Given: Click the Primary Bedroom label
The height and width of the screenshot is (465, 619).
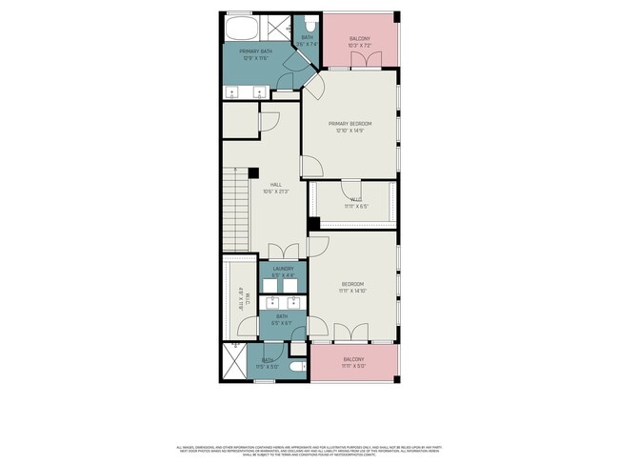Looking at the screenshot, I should tap(349, 124).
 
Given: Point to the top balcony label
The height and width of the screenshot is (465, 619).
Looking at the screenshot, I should tap(359, 39).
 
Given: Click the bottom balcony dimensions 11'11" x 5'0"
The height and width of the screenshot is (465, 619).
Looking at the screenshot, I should tap(353, 366).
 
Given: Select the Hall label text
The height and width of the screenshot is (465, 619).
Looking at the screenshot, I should tap(275, 184).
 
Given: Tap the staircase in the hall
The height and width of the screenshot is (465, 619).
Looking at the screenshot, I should tap(236, 210).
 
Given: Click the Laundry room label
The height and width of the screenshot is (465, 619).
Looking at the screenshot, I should tap(283, 270).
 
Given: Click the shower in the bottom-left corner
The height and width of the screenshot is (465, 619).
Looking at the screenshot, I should tap(233, 362).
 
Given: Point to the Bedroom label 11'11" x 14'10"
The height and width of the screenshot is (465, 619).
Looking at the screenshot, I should tap(353, 284).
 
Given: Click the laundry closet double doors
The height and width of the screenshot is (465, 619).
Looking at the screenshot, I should tap(283, 252).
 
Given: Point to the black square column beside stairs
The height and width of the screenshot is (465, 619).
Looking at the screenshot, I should tap(253, 172).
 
